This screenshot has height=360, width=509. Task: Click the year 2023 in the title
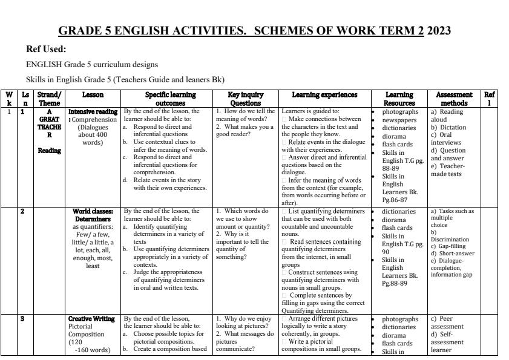[x=439, y=31]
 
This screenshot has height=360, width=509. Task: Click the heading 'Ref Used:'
[x=46, y=50]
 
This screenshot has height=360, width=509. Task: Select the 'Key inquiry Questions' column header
[x=244, y=99]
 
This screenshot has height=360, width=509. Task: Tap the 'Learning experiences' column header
[x=324, y=95]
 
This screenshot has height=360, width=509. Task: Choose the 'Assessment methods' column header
[x=454, y=99]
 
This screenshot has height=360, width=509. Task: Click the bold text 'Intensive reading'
[x=93, y=112]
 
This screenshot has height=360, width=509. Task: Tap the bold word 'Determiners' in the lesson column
[x=93, y=219]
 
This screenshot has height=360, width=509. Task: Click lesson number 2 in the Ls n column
[x=23, y=212]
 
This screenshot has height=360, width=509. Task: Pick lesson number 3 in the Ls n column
[x=23, y=319]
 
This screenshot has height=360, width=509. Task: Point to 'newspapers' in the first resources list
[x=399, y=120]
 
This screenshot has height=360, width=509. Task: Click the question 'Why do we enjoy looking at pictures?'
[x=244, y=322]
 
